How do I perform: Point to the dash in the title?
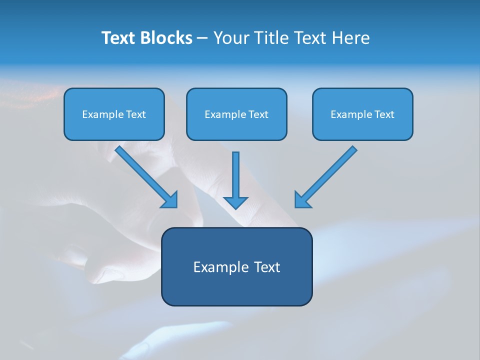tap(202, 38)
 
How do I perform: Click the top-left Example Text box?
tap(114, 114)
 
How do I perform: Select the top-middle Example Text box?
tap(236, 114)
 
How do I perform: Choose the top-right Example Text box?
tap(362, 114)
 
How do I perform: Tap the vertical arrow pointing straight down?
tap(235, 175)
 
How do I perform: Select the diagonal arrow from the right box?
tap(330, 172)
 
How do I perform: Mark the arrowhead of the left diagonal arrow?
tap(171, 200)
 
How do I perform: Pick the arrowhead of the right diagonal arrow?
tap(301, 200)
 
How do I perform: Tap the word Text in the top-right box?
tap(384, 114)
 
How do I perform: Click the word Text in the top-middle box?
tap(258, 114)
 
